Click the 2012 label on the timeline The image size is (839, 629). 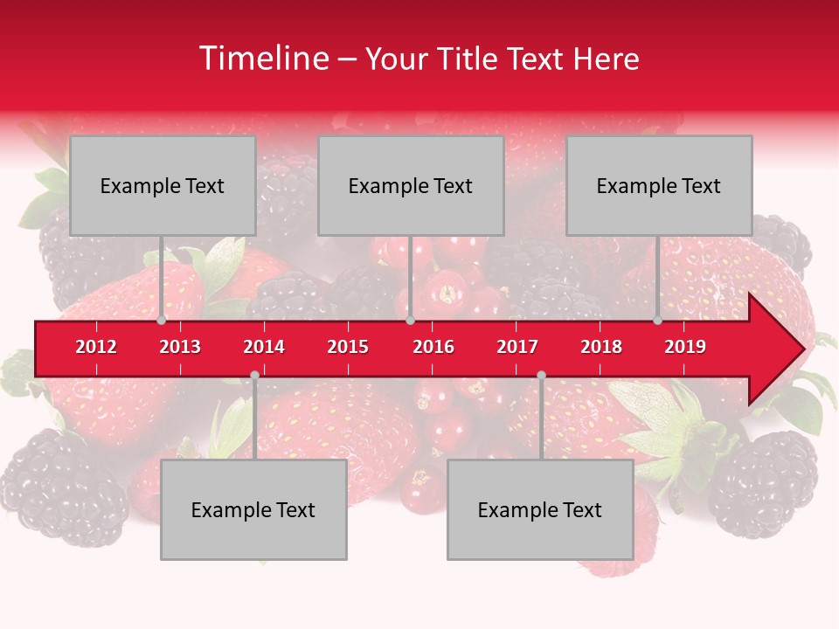coord(96,347)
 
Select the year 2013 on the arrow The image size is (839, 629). coord(180,347)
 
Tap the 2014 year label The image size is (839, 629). coord(264,347)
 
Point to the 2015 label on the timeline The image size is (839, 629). coord(348,347)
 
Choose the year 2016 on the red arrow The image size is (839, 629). coord(433,347)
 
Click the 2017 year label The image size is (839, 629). coord(517,347)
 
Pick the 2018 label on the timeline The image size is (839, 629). coord(601,347)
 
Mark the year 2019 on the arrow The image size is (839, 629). coord(685,347)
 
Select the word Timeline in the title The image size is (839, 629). coord(262,59)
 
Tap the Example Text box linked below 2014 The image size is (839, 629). coord(253,509)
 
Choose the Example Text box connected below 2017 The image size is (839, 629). coord(540,509)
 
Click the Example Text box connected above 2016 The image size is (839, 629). coord(411,185)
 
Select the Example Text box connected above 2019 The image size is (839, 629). coord(659,185)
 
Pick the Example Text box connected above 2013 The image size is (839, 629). coord(163,185)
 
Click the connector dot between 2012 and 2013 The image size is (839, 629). coord(162,321)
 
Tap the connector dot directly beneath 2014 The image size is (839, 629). coord(254,375)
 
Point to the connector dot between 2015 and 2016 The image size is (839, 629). coord(410,321)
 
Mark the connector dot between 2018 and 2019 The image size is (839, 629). coord(658,321)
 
